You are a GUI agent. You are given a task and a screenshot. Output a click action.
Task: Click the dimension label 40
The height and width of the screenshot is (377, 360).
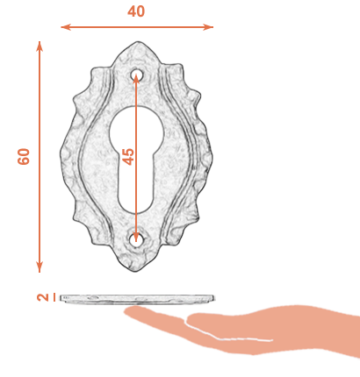pyautogui.click(x=136, y=11)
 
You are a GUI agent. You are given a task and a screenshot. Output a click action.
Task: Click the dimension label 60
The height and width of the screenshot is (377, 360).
pyautogui.click(x=24, y=156)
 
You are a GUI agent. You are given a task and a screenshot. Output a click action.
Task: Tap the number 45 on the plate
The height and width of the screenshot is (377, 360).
pyautogui.click(x=128, y=156)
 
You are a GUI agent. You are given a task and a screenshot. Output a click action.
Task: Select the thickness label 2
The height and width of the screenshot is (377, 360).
pyautogui.click(x=43, y=297)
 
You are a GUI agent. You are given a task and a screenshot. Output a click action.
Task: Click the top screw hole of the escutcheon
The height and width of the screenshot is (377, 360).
pyautogui.click(x=136, y=75)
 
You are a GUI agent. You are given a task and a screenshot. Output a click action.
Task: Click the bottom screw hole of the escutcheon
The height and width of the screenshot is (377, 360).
pyautogui.click(x=136, y=239)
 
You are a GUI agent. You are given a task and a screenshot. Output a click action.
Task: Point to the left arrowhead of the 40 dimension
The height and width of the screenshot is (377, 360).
pyautogui.click(x=66, y=27)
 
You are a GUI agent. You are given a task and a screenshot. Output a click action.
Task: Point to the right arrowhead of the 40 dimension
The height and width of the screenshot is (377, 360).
pyautogui.click(x=208, y=27)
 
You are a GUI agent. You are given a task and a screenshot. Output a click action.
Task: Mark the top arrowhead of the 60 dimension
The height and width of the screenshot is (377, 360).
pyautogui.click(x=40, y=46)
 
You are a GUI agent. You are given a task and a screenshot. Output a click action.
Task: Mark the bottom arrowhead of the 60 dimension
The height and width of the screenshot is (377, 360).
pyautogui.click(x=40, y=267)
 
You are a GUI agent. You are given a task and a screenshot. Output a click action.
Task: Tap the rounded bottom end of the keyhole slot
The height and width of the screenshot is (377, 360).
pyautogui.click(x=136, y=204)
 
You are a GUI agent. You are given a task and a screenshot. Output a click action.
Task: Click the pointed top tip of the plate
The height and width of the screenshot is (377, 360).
pyautogui.click(x=136, y=42)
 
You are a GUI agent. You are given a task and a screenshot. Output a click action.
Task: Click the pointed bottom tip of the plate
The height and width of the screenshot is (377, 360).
pyautogui.click(x=135, y=272)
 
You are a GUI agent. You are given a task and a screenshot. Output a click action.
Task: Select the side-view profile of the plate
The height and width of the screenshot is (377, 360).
pyautogui.click(x=137, y=298)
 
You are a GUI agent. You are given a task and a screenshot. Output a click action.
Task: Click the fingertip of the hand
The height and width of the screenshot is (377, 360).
pyautogui.click(x=130, y=311)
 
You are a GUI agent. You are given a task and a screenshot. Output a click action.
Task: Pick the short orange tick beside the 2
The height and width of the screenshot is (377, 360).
pyautogui.click(x=54, y=297)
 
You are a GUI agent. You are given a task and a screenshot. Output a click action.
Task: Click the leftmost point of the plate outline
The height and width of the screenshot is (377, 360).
pyautogui.click(x=61, y=155)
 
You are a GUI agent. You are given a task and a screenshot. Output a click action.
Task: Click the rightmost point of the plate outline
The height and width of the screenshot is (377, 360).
pyautogui.click(x=212, y=157)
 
